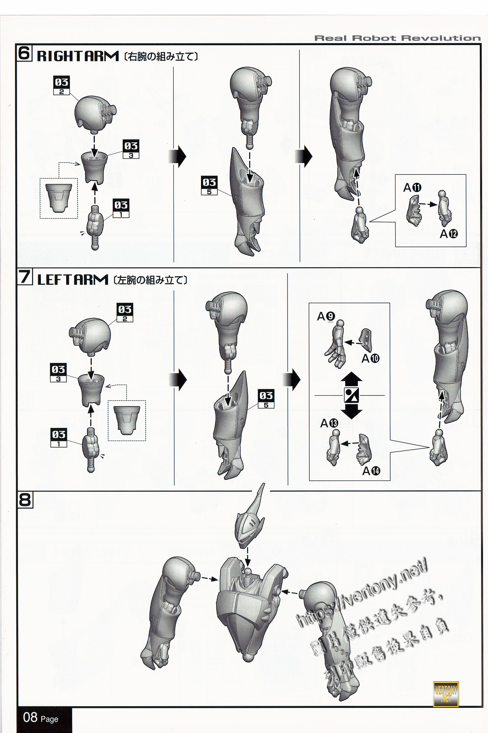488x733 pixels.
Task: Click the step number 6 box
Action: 24,53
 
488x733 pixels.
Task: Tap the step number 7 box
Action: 25,277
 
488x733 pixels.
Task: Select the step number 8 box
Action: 25,500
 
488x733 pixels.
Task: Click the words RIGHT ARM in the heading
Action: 78,57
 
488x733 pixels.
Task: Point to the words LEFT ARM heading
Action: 73,280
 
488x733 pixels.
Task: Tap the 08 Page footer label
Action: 41,717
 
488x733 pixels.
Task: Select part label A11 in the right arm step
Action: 412,188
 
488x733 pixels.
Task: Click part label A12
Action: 448,234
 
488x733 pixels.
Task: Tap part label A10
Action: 370,358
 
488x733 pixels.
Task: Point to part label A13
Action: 329,423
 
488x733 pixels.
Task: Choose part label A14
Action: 371,471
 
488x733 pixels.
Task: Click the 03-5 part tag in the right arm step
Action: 209,186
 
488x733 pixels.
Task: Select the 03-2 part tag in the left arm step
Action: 125,312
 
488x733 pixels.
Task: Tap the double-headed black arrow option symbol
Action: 351,395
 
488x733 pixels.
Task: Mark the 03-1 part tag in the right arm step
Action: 121,208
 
